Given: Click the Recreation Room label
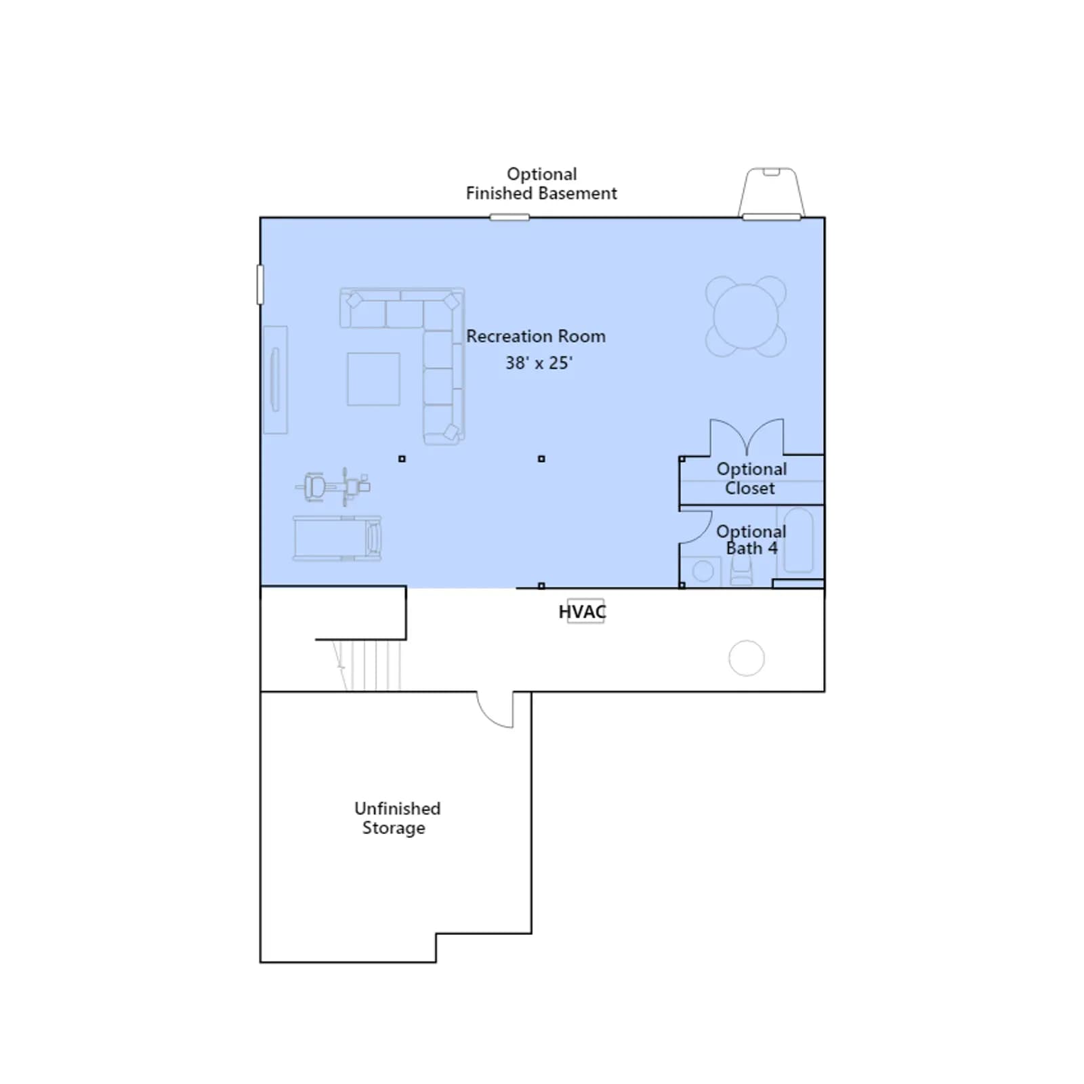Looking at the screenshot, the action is coord(536,336).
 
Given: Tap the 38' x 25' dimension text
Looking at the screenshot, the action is coord(539,363).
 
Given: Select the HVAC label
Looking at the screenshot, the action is coord(582,612).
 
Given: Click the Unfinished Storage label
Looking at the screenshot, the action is coord(397,818).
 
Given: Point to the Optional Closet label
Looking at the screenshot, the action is coord(751,478).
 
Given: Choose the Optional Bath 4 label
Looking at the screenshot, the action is coord(751,540).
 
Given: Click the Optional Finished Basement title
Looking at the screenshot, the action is coord(541,184).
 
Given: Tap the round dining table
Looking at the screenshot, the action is coord(746,316).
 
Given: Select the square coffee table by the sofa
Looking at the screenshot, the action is coord(373,379).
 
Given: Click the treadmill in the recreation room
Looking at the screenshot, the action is coord(337,539).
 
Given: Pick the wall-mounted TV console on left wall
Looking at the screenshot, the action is coord(275,379).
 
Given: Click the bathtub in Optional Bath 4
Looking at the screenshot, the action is coord(799,541).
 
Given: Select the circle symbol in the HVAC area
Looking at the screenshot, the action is coord(747,658).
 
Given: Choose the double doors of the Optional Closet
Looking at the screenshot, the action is coord(747,437).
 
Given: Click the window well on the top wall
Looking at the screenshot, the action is coord(771,193).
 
